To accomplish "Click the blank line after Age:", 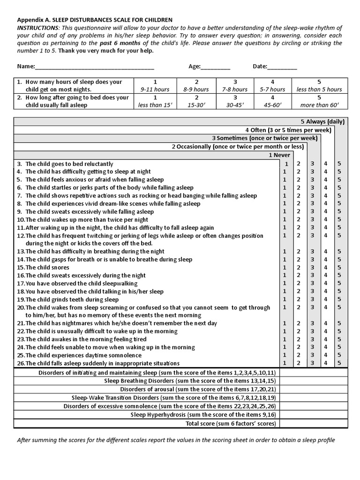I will pyautogui.click(x=216, y=67).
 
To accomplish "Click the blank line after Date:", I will pyautogui.click(x=283, y=67).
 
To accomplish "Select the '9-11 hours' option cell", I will pyautogui.click(x=155, y=85).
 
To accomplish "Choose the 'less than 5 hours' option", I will pyautogui.click(x=319, y=85).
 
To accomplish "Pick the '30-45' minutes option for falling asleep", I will pyautogui.click(x=235, y=101).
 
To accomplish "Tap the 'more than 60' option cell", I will pyautogui.click(x=319, y=101).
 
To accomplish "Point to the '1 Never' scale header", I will pyautogui.click(x=279, y=155).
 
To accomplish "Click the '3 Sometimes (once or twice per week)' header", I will pyautogui.click(x=264, y=138).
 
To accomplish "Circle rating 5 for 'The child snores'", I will pyautogui.click(x=339, y=268).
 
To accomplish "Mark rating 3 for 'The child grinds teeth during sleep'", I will pyautogui.click(x=312, y=300).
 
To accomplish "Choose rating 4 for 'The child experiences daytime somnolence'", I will pyautogui.click(x=326, y=355).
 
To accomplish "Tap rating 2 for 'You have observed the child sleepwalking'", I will pyautogui.click(x=299, y=284).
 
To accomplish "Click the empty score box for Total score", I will pyautogui.click(x=314, y=424).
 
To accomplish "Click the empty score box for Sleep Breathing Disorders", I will pyautogui.click(x=314, y=381).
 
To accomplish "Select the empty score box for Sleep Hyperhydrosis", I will pyautogui.click(x=314, y=415).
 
